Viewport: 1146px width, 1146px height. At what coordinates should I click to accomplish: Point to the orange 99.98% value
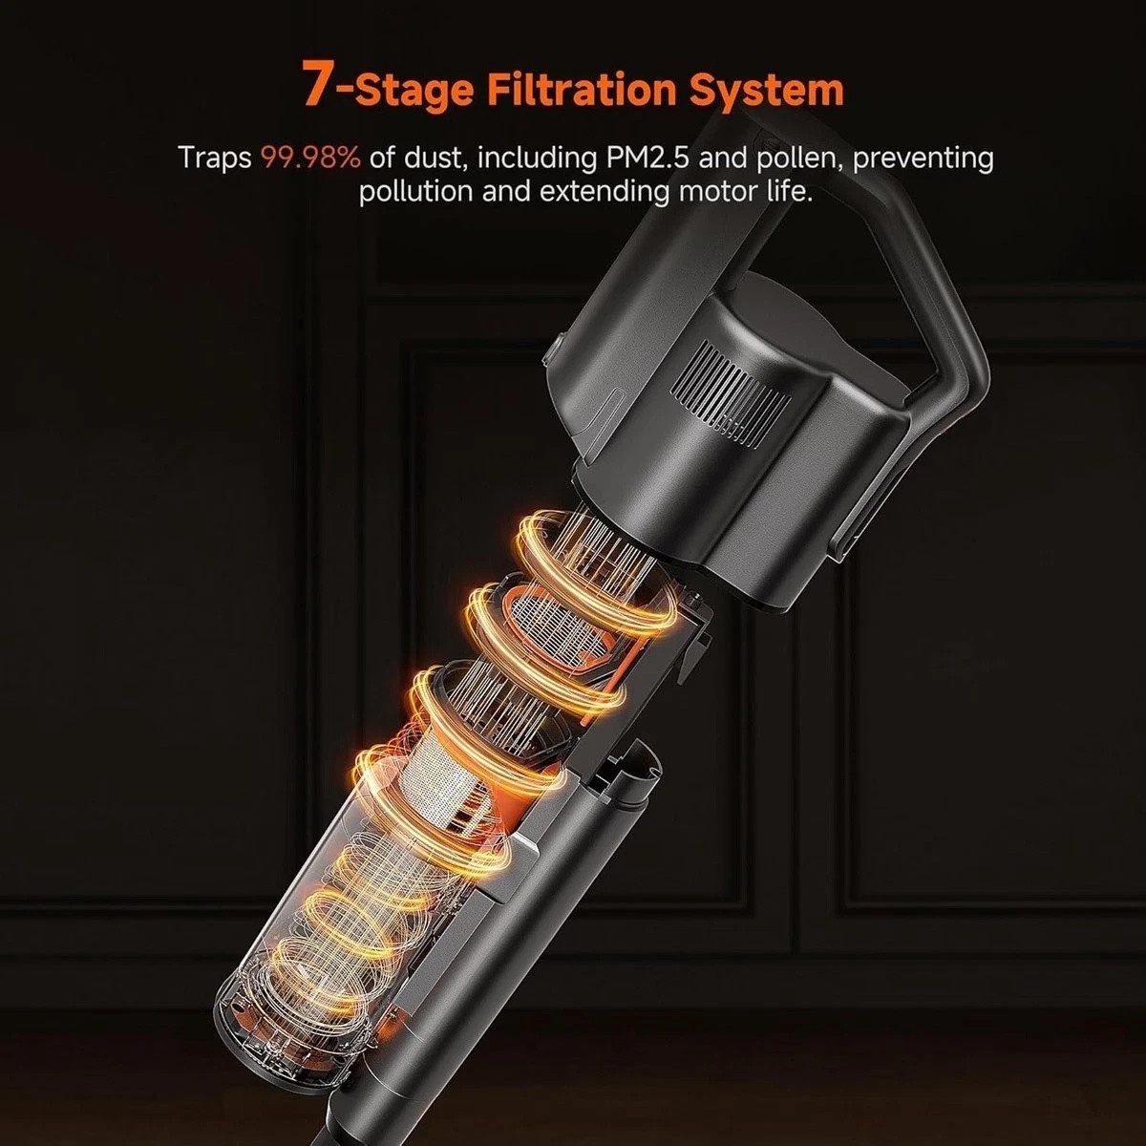click(x=311, y=159)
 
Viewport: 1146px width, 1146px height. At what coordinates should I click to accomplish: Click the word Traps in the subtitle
click(x=215, y=159)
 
